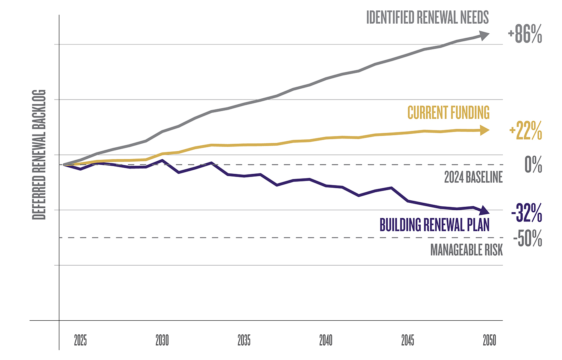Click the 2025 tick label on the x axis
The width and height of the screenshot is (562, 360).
(80, 340)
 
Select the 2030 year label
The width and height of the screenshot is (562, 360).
(162, 340)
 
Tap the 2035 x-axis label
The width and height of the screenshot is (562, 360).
(244, 340)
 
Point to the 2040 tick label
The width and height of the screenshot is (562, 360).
(326, 340)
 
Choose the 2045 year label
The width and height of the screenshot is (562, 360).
(407, 340)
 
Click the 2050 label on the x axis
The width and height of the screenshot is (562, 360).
(489, 340)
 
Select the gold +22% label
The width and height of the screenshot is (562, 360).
(525, 131)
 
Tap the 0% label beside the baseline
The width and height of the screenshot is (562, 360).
(533, 165)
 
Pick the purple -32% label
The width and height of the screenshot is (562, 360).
(527, 213)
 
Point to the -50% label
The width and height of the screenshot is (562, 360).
(527, 238)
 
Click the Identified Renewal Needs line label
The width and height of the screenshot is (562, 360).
(428, 18)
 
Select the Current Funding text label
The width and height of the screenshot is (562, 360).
(448, 113)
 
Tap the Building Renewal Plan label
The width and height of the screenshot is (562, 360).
(434, 225)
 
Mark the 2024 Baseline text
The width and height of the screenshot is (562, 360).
(473, 177)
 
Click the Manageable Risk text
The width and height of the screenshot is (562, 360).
(466, 250)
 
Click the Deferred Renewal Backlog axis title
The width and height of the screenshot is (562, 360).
(39, 155)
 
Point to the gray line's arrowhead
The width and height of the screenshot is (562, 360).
(485, 35)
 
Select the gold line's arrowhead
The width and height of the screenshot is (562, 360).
(485, 130)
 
